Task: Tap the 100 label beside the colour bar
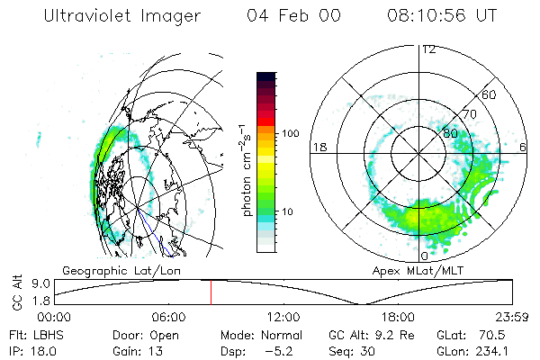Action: click(291, 133)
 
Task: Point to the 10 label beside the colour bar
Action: click(288, 211)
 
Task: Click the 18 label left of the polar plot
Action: click(318, 146)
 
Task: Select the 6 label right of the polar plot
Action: click(524, 146)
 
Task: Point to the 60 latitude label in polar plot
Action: click(490, 94)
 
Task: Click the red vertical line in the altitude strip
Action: click(211, 292)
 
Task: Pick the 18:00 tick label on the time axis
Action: click(397, 317)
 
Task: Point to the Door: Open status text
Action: click(147, 335)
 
